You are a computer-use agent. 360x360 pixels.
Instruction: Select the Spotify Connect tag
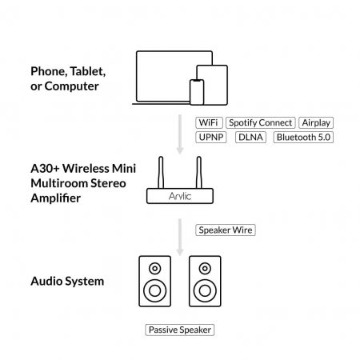(x=260, y=123)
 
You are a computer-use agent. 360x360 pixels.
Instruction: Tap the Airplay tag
(x=315, y=123)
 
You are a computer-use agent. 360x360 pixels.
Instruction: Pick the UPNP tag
(x=212, y=137)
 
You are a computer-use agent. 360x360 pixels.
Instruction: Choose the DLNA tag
(x=250, y=137)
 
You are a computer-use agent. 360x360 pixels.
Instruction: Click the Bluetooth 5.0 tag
(x=302, y=137)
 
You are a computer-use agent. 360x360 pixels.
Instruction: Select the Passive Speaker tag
(x=181, y=330)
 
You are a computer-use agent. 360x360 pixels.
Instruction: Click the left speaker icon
(x=154, y=282)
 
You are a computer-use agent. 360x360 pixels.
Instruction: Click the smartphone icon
(x=197, y=90)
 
